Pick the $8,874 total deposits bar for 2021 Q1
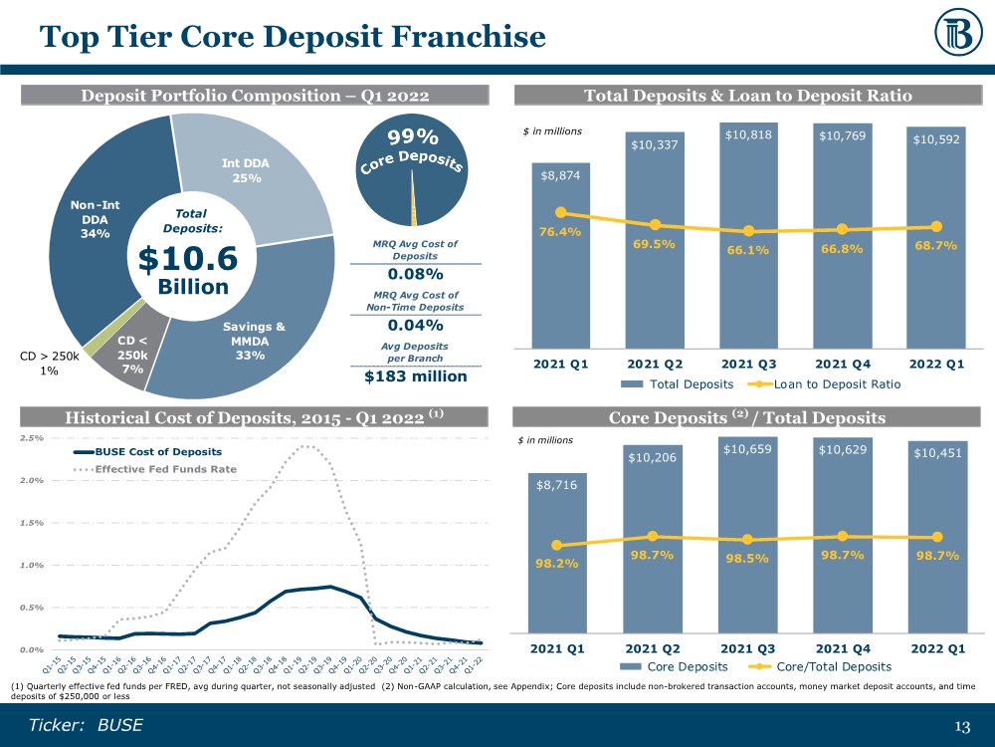(560, 259)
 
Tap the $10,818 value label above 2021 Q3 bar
(748, 133)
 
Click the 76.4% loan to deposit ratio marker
(561, 212)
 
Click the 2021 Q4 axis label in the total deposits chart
(843, 364)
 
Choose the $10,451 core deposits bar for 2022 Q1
(936, 548)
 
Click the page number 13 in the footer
(961, 725)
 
